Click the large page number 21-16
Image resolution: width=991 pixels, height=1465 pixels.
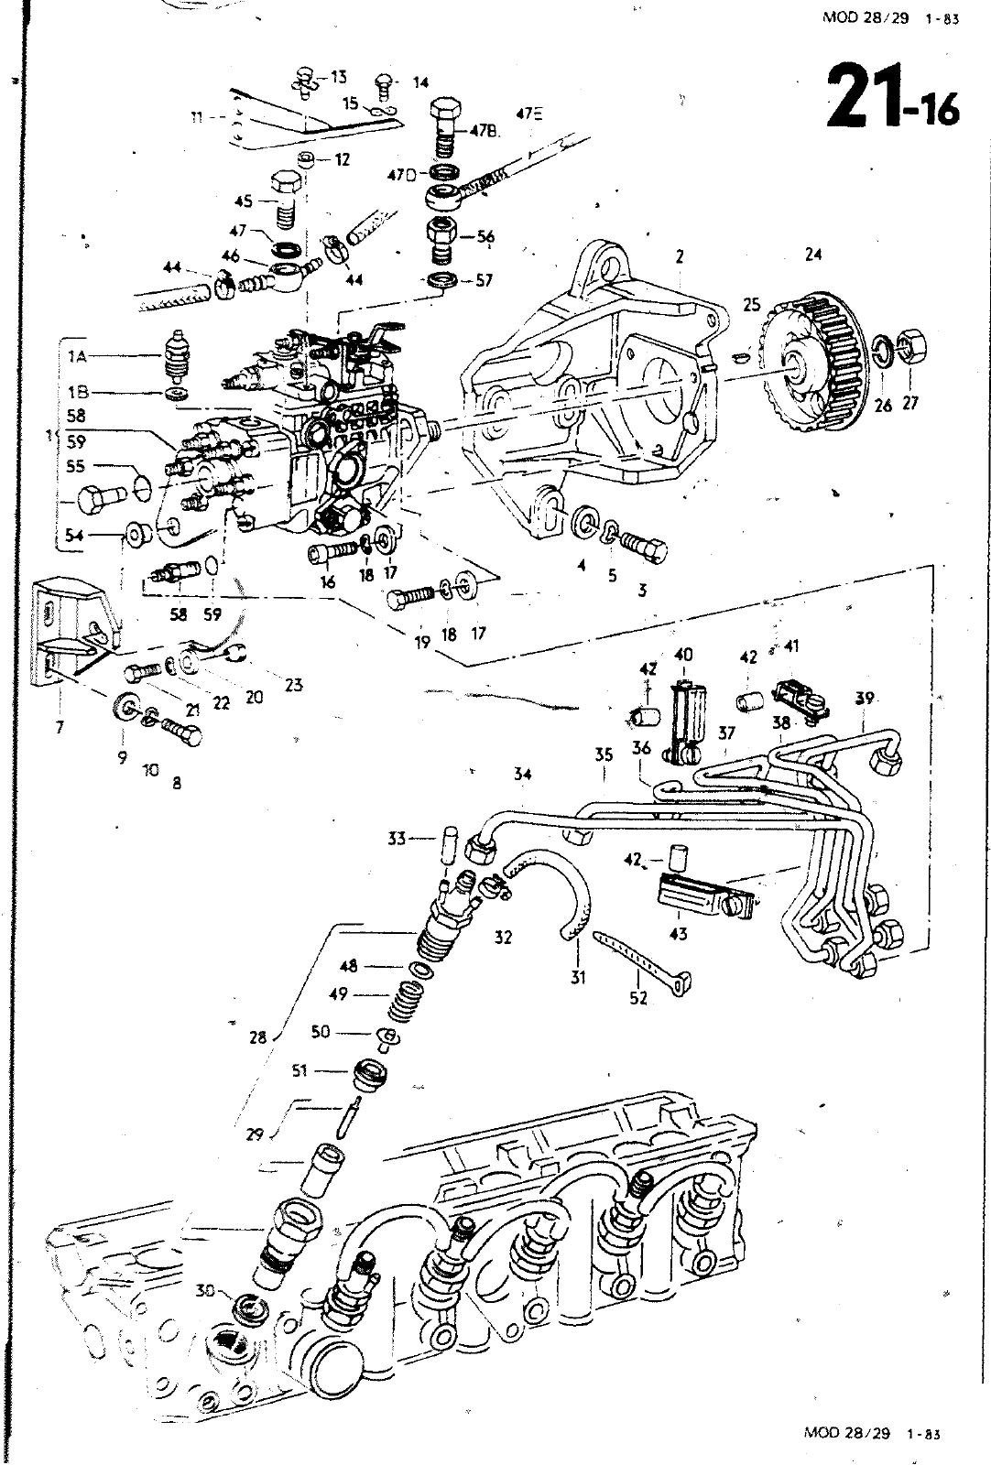point(892,96)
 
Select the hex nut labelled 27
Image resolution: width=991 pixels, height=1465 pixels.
point(910,349)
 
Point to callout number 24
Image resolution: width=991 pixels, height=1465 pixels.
point(813,255)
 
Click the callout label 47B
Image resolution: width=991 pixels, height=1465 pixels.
point(484,131)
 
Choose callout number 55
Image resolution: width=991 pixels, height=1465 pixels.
point(76,467)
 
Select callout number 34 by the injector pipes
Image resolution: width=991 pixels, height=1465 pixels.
point(522,775)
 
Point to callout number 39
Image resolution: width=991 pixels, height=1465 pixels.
point(864,699)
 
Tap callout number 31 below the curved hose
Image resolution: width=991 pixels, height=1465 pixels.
point(578,977)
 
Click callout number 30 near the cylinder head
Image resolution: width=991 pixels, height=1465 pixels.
point(206,1291)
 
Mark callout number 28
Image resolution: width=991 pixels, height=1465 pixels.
point(257,1037)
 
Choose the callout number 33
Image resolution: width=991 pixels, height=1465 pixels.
point(396,838)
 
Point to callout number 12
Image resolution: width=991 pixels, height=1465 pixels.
point(342,159)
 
